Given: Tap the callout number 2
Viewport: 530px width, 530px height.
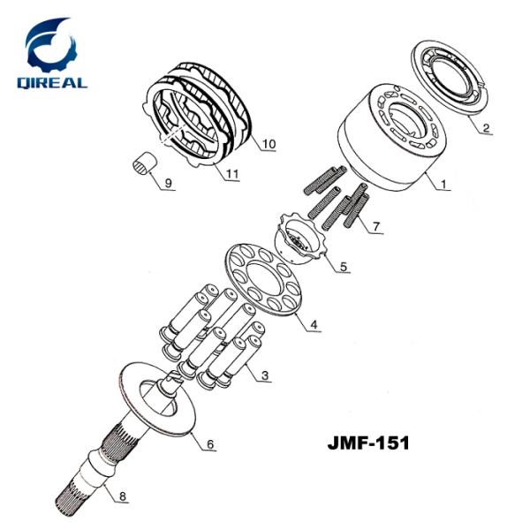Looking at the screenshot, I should coord(486,127).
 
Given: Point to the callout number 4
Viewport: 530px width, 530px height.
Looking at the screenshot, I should coord(314,324).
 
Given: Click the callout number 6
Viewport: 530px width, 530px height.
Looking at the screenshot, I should coord(209,444).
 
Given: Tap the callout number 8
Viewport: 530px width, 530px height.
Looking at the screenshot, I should coord(123,496).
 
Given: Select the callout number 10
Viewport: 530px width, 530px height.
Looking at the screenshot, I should coord(269,144).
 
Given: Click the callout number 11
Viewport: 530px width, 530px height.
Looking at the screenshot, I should coord(231,174).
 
